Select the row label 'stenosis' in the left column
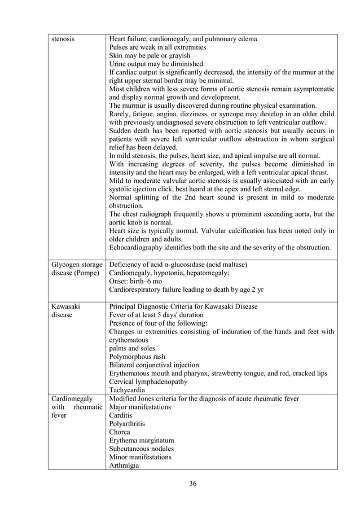[62, 40]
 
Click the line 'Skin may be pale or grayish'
[150, 56]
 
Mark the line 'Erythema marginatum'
[142, 440]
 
